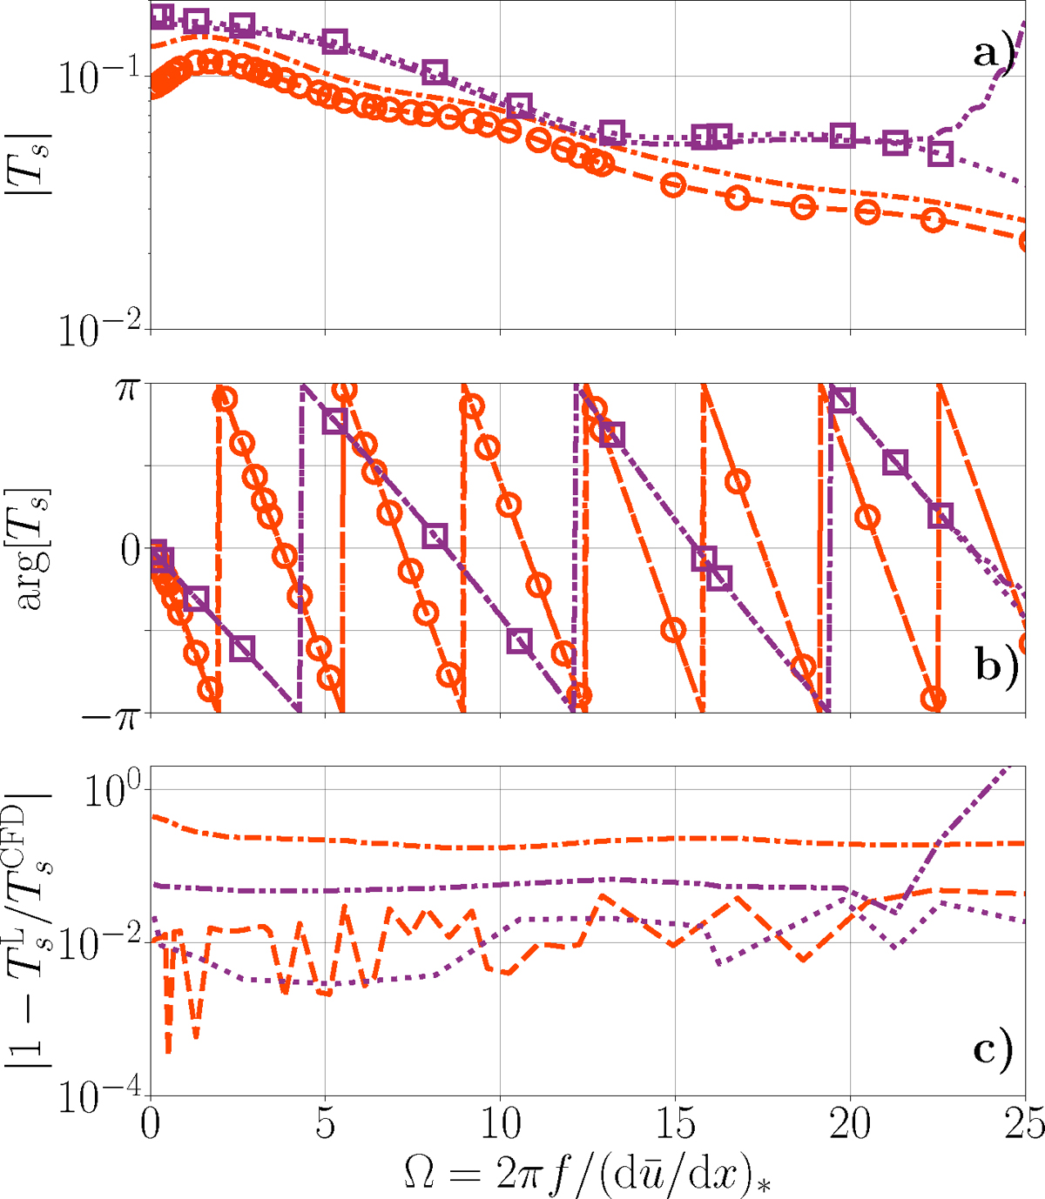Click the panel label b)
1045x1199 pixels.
tap(994, 671)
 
